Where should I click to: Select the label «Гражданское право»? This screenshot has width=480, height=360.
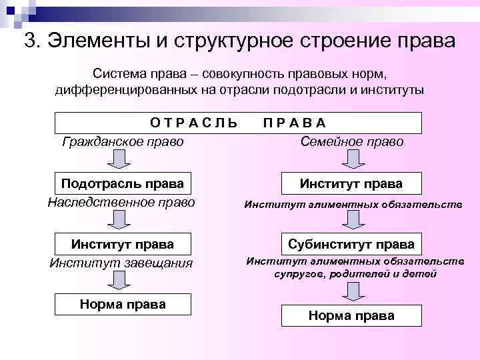click(x=123, y=141)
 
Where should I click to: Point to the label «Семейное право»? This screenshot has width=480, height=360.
click(x=352, y=141)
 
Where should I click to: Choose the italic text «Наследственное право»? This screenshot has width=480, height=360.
click(x=123, y=201)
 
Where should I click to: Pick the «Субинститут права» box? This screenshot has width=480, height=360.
click(x=351, y=244)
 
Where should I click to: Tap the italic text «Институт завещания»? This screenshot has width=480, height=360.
click(x=121, y=263)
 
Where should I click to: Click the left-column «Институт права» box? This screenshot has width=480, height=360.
click(x=123, y=244)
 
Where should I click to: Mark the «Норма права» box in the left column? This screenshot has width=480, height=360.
click(x=123, y=304)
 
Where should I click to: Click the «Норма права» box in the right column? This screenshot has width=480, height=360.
click(x=351, y=315)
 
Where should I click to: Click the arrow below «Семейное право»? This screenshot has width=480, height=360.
click(x=351, y=160)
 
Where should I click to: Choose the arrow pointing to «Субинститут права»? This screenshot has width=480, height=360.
click(x=351, y=220)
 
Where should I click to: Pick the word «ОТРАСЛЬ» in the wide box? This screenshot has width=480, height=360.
click(x=193, y=123)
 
